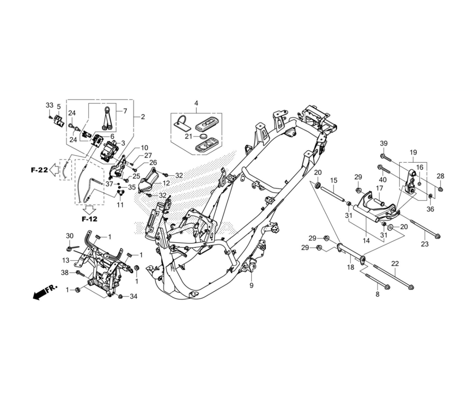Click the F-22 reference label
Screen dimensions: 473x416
[x=39, y=170]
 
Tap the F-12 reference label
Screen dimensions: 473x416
[x=89, y=219]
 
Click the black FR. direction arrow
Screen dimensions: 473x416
[x=44, y=293]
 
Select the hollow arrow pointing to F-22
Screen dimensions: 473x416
[x=54, y=170]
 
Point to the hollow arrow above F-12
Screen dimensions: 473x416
[x=89, y=209]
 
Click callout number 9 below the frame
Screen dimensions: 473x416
[x=252, y=285]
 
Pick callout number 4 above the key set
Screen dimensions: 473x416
[x=196, y=104]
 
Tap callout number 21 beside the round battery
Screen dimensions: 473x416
[x=189, y=137]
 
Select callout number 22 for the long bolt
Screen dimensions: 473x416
[x=395, y=263]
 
